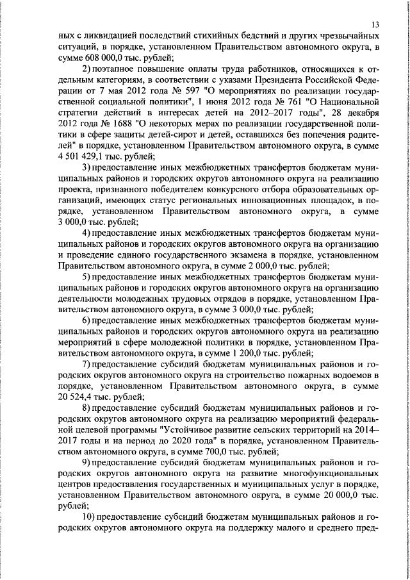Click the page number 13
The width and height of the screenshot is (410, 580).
[375, 24]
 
